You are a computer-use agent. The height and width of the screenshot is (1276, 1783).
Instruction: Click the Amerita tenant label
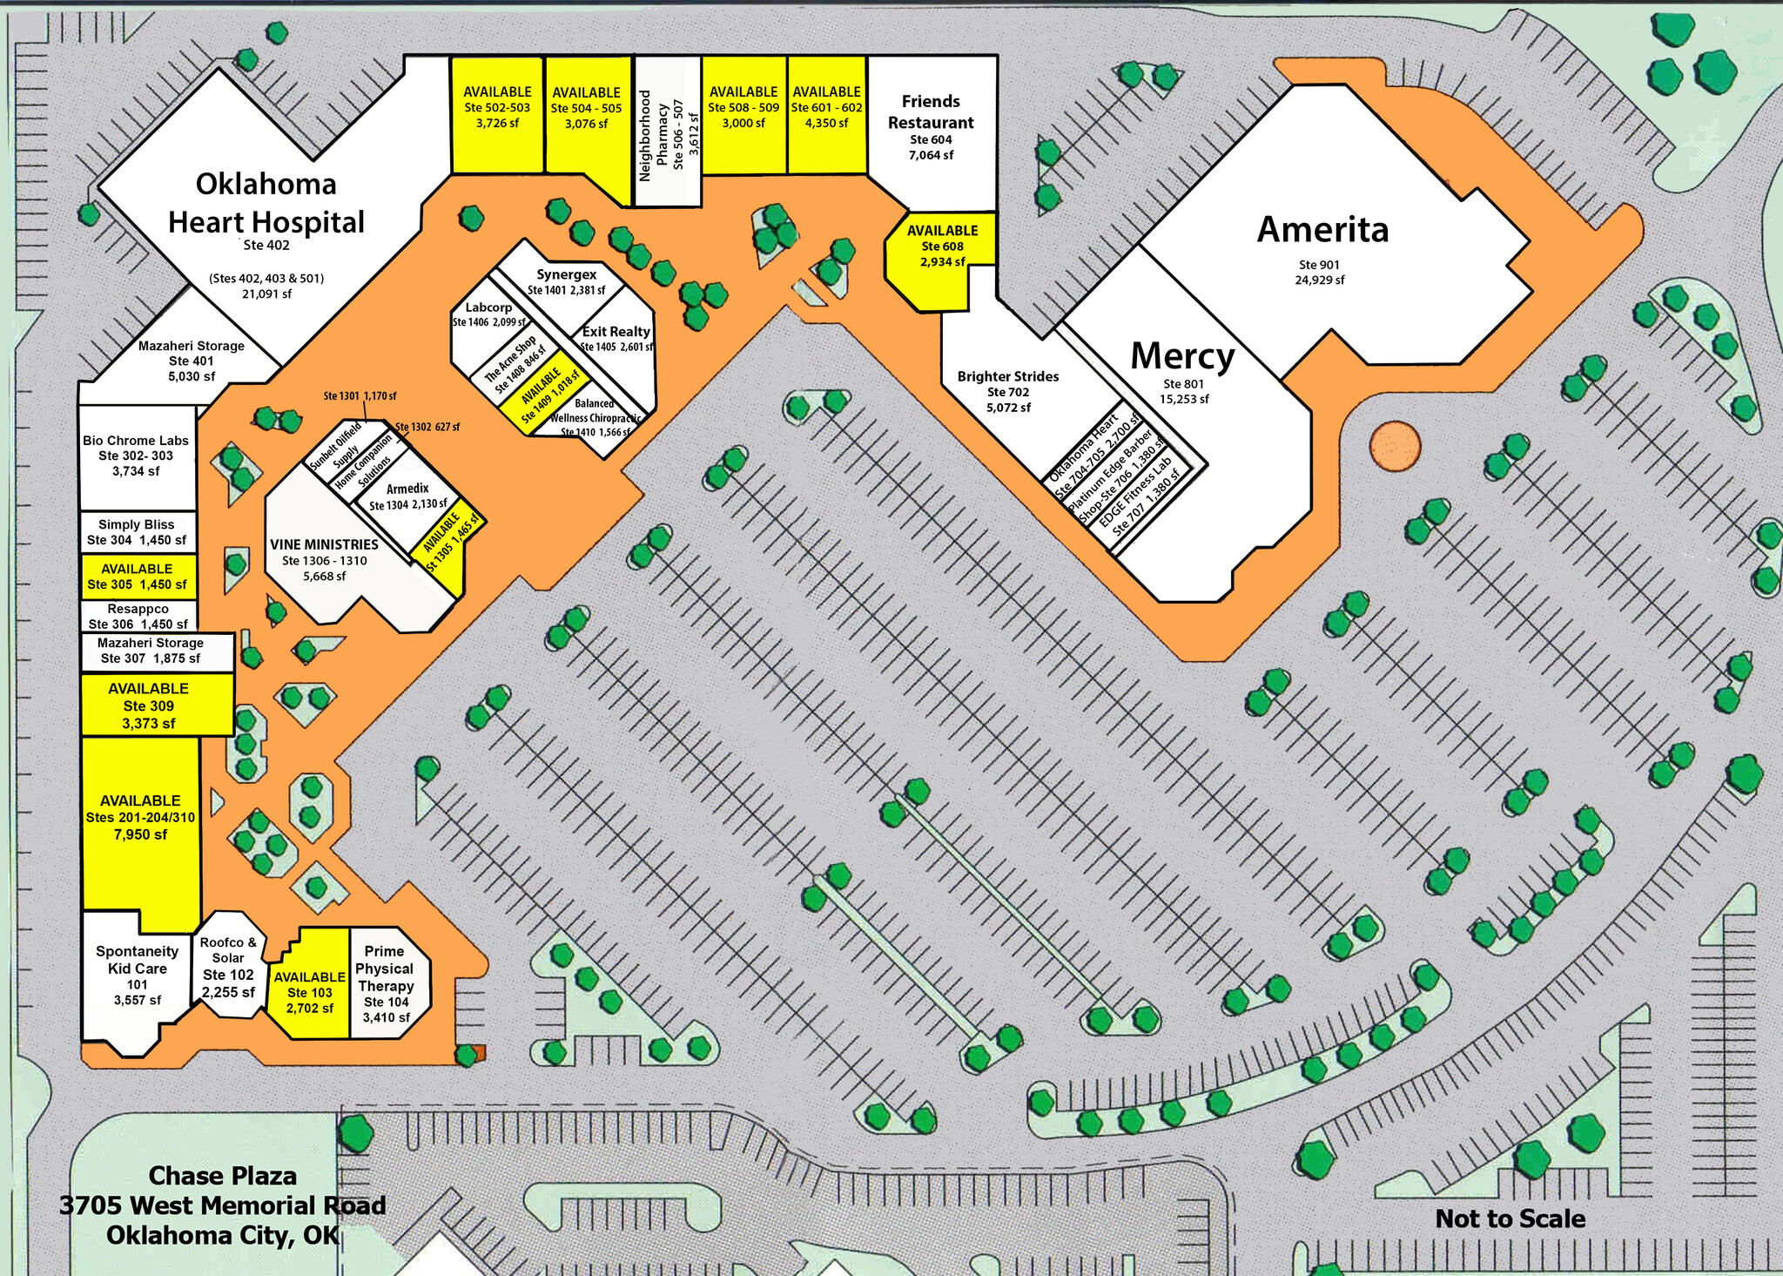point(1322,230)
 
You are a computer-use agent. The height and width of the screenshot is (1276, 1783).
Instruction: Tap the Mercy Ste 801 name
point(1182,357)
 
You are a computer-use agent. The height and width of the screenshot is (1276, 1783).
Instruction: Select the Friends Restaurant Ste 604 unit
point(931,126)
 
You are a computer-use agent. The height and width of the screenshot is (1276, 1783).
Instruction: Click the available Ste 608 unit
point(942,246)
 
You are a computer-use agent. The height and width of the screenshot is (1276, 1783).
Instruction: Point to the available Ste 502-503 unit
point(497,108)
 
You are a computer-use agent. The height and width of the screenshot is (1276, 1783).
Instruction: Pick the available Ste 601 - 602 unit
point(826,108)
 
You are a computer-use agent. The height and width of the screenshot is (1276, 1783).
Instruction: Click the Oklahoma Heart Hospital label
point(266,203)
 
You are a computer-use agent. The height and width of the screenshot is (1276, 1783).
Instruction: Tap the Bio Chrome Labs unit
point(136,456)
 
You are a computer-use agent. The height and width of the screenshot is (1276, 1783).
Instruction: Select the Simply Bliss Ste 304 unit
point(137,532)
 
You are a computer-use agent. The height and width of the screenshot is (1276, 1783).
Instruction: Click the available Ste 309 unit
point(149,706)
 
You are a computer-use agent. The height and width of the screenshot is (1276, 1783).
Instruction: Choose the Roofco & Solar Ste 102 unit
point(228,966)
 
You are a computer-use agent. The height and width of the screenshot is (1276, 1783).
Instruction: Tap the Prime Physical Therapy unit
point(386,982)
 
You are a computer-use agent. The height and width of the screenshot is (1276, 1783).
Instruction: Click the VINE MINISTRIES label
point(324,545)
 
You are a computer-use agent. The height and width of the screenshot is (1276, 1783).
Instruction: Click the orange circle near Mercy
point(1395,446)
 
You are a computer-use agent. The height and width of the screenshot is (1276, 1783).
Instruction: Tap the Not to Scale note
point(1510,1219)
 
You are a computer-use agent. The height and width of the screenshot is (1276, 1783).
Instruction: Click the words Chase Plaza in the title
point(223,1176)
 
